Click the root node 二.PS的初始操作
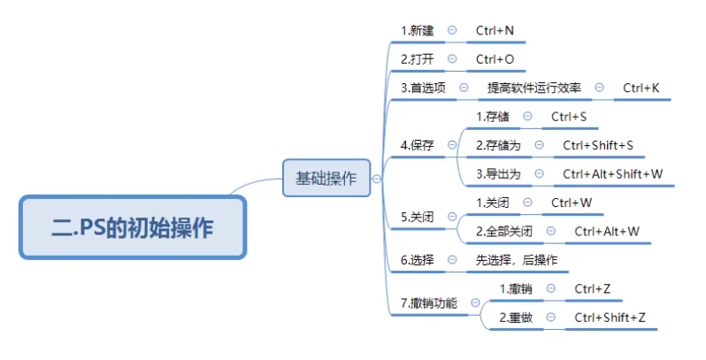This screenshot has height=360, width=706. click(x=132, y=227)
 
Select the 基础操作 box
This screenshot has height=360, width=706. click(x=326, y=178)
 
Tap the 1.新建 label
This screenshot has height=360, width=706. click(x=418, y=31)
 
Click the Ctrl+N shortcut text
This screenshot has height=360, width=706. click(x=495, y=31)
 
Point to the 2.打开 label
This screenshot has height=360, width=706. click(x=418, y=59)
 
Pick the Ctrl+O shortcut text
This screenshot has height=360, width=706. click(x=495, y=59)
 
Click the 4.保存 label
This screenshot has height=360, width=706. click(x=418, y=145)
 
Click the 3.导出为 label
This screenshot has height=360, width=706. click(x=498, y=174)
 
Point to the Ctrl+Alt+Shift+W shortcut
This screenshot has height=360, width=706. click(x=612, y=174)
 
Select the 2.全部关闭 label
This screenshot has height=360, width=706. click(x=503, y=232)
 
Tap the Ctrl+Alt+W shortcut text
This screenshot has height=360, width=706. click(x=606, y=232)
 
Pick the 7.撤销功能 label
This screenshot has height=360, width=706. click(x=429, y=303)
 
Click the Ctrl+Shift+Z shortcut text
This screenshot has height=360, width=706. click(x=610, y=318)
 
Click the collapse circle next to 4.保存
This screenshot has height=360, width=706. click(x=452, y=145)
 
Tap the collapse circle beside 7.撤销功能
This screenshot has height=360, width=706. click(x=475, y=303)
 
